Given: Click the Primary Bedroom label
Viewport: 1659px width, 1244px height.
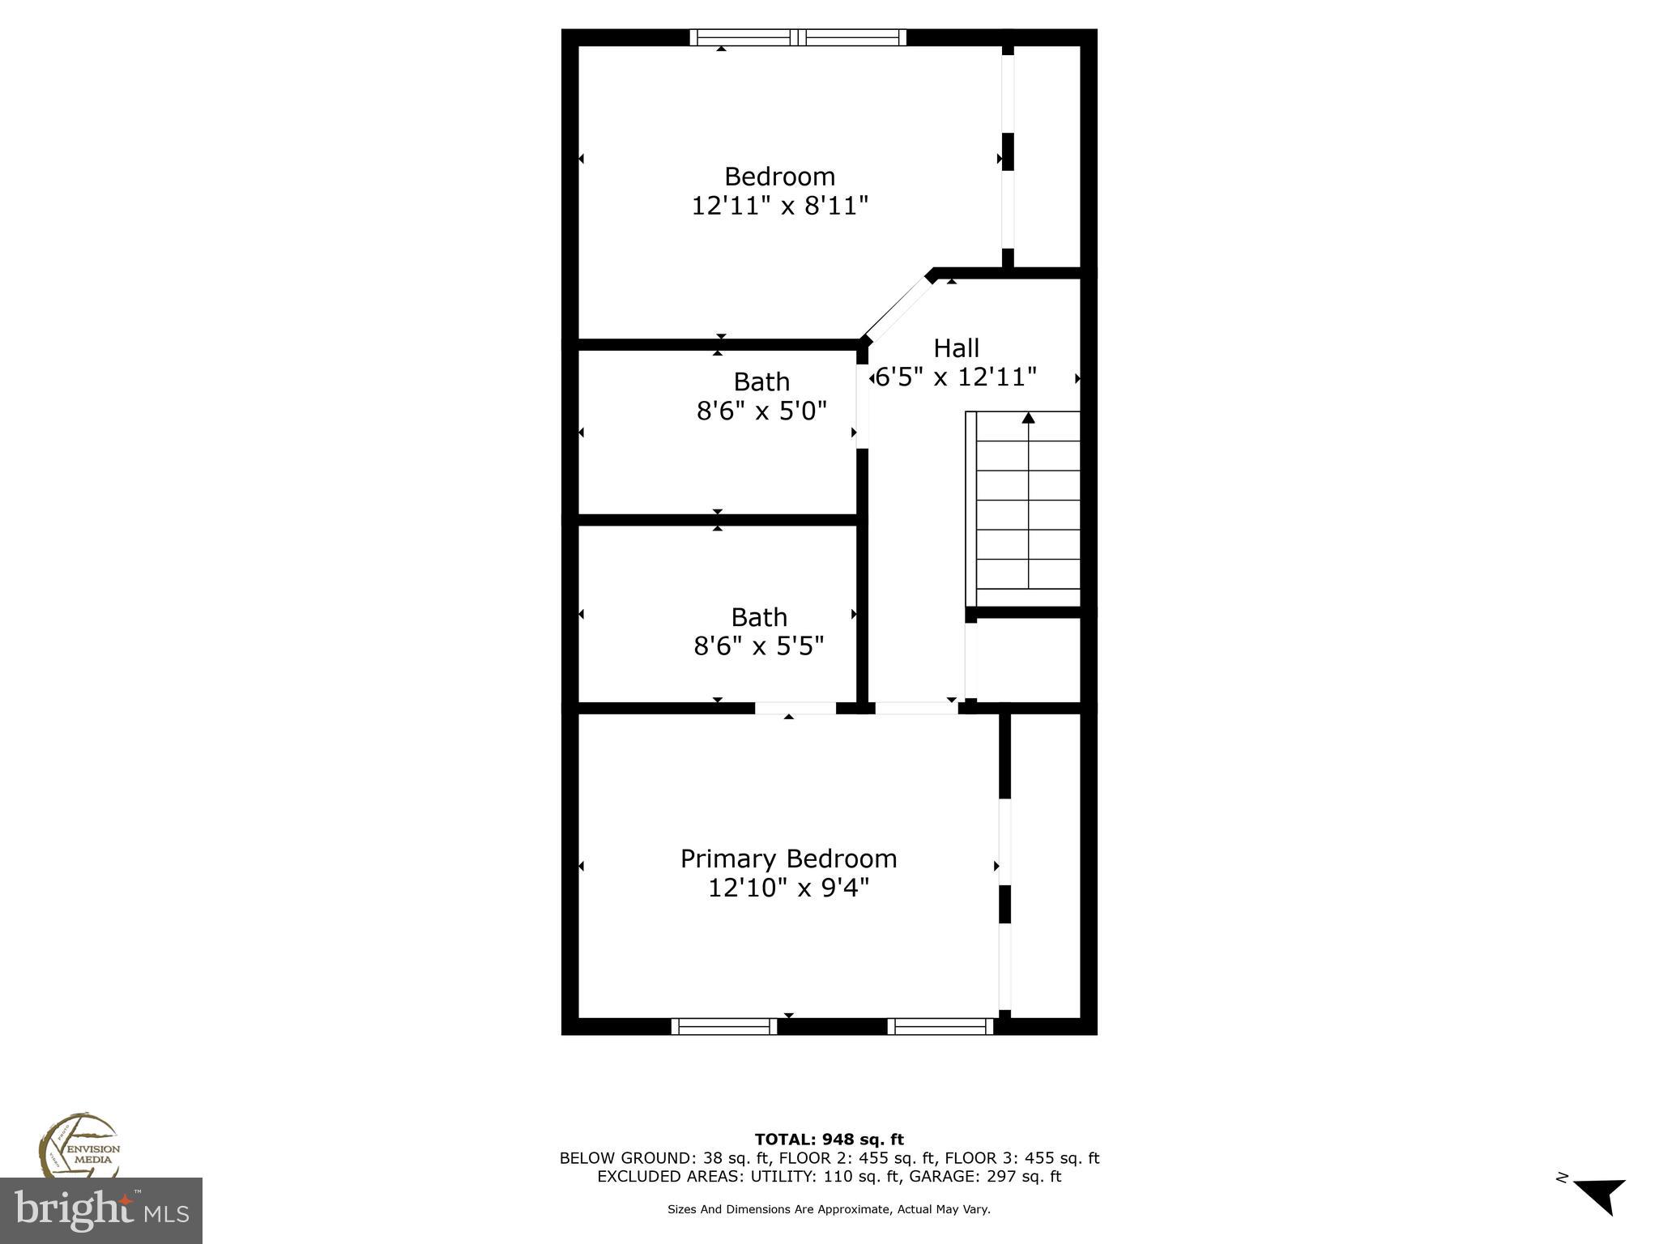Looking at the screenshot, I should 788,858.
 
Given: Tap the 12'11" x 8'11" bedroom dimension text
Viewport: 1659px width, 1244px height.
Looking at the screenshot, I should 779,206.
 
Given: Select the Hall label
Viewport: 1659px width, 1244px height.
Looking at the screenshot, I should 956,348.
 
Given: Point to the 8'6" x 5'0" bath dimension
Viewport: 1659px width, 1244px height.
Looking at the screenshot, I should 761,411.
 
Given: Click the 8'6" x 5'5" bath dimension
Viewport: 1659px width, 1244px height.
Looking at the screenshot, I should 759,646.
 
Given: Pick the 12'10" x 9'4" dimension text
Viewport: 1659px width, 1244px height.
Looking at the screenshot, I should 788,888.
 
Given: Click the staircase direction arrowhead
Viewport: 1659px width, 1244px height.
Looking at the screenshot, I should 1028,418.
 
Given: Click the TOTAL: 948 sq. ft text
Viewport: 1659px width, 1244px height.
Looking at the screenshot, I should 829,1140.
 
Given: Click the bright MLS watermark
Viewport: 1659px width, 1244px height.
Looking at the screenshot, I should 100,1211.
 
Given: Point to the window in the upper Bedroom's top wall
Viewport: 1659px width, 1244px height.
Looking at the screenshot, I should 798,37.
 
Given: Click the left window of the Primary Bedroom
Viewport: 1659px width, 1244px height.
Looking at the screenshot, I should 723,1026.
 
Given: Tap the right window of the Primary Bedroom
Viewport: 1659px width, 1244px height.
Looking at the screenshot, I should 940,1026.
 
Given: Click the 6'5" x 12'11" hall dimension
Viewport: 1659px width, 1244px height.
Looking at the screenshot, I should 956,377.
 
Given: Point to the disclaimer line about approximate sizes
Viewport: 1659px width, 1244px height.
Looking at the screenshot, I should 829,1209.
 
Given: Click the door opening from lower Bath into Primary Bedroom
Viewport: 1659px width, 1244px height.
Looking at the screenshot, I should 795,708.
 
